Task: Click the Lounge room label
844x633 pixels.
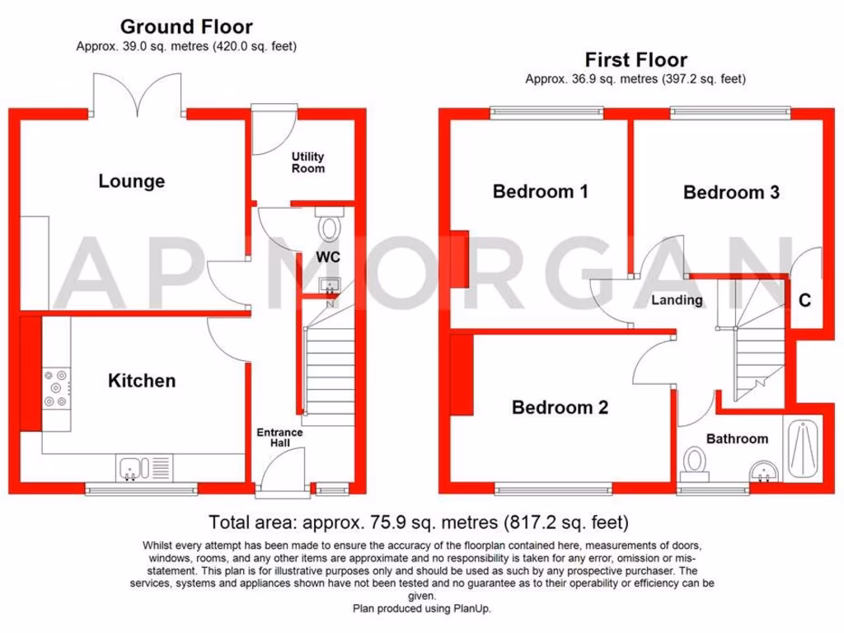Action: click(x=132, y=181)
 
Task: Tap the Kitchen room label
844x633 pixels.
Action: click(x=142, y=381)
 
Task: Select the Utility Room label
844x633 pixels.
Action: click(x=308, y=162)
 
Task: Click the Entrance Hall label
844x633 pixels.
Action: click(x=279, y=438)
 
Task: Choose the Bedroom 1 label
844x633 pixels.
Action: click(x=540, y=191)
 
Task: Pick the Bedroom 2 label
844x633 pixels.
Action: click(x=560, y=407)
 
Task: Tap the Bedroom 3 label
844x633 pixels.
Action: click(x=731, y=192)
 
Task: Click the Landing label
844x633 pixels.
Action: click(x=677, y=300)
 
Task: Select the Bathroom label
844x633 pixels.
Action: click(x=737, y=438)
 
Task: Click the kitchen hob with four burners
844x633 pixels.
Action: click(x=57, y=387)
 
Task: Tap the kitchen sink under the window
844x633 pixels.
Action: click(x=132, y=468)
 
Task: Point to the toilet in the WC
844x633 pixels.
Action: click(x=331, y=225)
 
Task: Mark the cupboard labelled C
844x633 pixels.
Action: click(x=804, y=301)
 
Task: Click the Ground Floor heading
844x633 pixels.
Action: click(x=186, y=28)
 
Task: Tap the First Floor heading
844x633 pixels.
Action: click(x=635, y=60)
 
